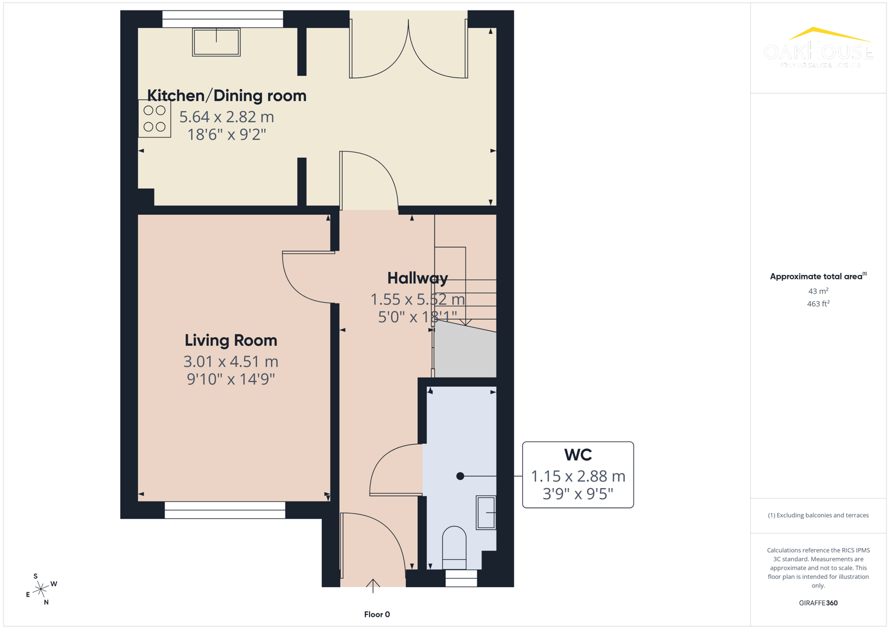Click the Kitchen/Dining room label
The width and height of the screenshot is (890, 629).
coord(226,96)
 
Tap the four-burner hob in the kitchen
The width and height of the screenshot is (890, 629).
coord(154,118)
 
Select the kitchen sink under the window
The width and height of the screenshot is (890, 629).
coord(216,43)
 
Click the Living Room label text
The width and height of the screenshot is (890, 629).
coord(231,340)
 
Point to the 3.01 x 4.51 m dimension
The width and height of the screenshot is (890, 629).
coord(231,362)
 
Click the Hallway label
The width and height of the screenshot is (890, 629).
coord(417,278)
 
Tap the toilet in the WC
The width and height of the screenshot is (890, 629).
coord(454,546)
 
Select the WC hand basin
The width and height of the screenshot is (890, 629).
coord(486,512)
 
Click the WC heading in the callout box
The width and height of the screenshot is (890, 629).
coord(578,455)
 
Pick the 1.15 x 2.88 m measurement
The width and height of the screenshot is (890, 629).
coord(578,476)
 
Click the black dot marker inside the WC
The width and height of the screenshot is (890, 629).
coord(460,476)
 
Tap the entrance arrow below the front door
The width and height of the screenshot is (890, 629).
coord(373,585)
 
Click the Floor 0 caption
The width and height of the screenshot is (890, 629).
coord(377,614)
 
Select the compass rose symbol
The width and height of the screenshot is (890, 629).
coord(41,589)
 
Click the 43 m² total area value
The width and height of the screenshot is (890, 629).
coord(818,291)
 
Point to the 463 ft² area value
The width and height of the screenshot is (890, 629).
coord(818,304)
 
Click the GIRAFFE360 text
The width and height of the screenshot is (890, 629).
coord(818,603)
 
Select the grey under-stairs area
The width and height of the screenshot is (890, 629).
coord(466,352)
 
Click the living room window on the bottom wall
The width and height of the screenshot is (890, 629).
coord(225,510)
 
